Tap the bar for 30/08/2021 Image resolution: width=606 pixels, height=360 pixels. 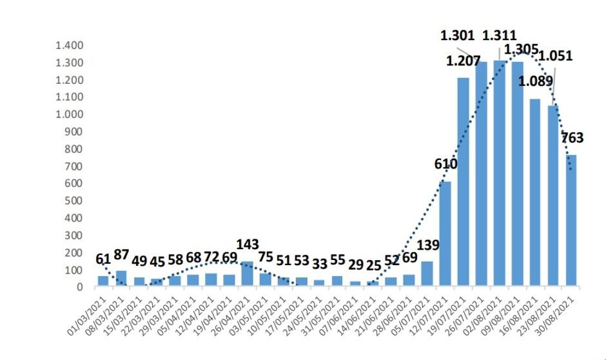571,220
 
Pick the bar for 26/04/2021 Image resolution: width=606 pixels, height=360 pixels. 248,274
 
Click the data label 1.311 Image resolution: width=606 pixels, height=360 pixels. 498,35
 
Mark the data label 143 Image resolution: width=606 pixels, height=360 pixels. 248,244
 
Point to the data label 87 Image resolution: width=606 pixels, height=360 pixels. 121,254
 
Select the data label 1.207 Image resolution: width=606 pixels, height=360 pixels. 463,61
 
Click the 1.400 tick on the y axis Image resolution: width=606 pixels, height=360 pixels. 70,46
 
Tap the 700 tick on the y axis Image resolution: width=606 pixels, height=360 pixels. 74,166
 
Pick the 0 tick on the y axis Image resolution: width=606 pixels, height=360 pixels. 80,286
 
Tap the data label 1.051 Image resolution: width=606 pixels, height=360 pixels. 555,55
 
